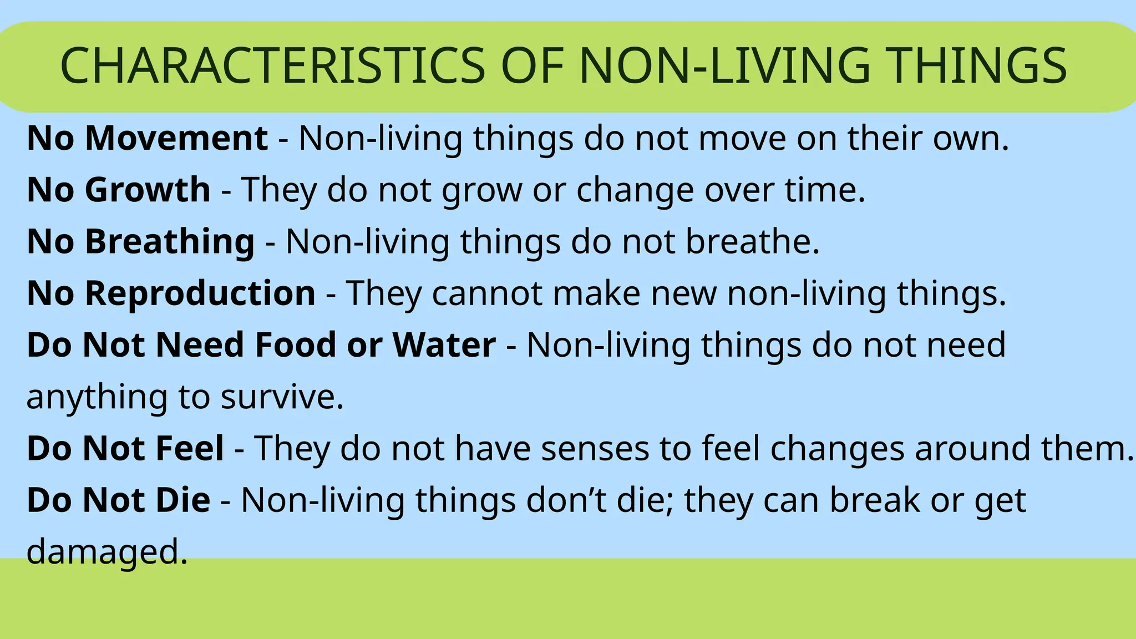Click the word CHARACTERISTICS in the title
pyautogui.click(x=272, y=66)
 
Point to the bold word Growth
pyautogui.click(x=148, y=190)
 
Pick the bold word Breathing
pyautogui.click(x=170, y=241)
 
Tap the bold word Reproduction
pyautogui.click(x=200, y=293)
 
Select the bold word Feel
pyautogui.click(x=190, y=448)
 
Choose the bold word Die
pyautogui.click(x=182, y=500)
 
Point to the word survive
pyautogui.click(x=282, y=397)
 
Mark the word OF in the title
pyautogui.click(x=532, y=66)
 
